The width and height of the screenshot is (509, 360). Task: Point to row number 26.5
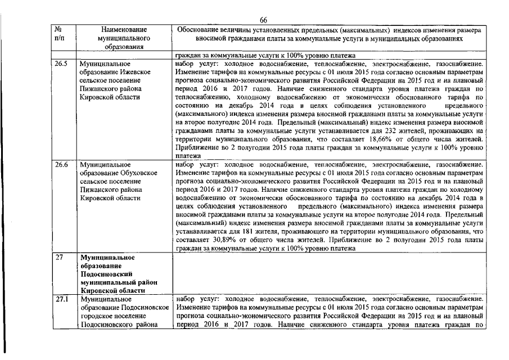tap(61, 65)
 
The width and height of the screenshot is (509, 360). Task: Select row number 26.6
tap(61, 165)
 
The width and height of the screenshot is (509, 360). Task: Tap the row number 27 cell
tap(58, 257)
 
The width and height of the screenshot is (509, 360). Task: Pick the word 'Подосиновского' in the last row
tap(107, 325)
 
